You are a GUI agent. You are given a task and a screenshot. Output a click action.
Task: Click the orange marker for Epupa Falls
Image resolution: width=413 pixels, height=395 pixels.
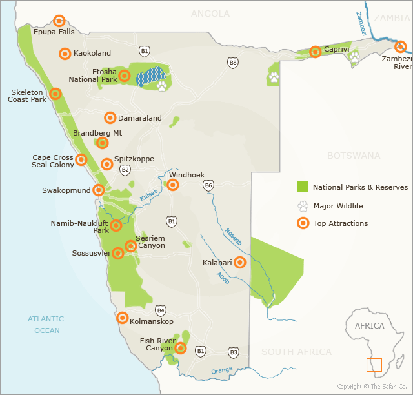click(x=59, y=21)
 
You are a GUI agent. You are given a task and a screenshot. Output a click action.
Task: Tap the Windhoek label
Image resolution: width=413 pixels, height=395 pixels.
click(x=186, y=175)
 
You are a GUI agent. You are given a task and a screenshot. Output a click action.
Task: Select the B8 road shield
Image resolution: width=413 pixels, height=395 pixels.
click(x=232, y=63)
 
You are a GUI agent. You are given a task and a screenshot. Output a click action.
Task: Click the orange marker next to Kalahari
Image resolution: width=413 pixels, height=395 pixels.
click(x=240, y=262)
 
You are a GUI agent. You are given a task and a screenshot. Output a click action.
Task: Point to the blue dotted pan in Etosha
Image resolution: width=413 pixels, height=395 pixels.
click(x=152, y=74)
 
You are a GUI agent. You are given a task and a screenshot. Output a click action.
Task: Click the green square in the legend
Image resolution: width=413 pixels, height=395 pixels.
click(x=303, y=187)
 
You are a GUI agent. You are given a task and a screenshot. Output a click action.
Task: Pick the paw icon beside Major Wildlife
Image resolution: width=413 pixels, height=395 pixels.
click(x=303, y=206)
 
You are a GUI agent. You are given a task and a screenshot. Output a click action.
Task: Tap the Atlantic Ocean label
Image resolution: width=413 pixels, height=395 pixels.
click(x=46, y=325)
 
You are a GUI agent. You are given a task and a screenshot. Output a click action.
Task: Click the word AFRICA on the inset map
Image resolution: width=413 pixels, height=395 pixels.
click(x=370, y=326)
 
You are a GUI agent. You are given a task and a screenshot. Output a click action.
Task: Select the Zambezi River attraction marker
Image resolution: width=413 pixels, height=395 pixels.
click(x=400, y=46)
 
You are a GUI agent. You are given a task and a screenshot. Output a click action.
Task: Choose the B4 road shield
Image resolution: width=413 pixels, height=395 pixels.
click(x=161, y=310)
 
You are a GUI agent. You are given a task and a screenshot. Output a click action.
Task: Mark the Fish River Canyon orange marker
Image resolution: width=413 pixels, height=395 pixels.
click(x=181, y=349)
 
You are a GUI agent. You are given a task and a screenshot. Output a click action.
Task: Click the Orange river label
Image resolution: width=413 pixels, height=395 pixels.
click(x=221, y=370)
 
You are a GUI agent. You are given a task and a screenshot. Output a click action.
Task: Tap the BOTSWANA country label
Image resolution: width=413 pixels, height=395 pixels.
click(x=354, y=156)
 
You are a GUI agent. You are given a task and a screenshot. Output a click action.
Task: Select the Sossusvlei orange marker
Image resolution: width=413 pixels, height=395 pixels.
click(x=118, y=253)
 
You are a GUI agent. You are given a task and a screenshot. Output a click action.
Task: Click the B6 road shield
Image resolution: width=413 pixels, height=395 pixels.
click(x=208, y=185)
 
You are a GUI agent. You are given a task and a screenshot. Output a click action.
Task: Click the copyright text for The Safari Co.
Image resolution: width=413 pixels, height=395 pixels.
click(x=373, y=387)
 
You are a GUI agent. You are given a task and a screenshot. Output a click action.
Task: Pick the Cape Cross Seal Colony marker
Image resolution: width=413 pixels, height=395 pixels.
click(x=81, y=159)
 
